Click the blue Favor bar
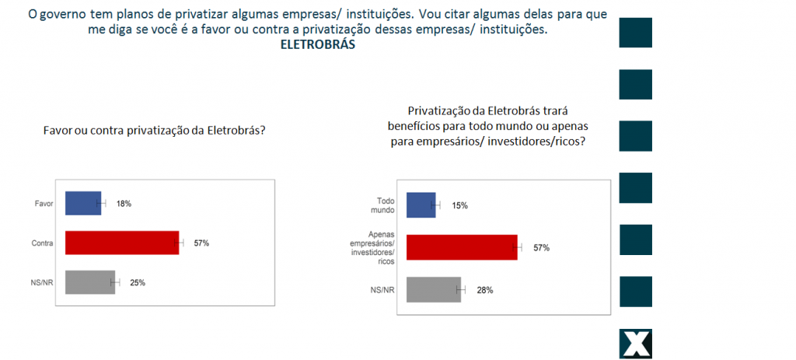(83, 204)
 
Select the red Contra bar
(122, 243)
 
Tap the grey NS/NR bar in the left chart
(89, 282)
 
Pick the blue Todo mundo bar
(421, 205)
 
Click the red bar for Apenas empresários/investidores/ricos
(462, 247)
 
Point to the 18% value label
(124, 204)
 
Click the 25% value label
(138, 282)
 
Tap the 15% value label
(459, 205)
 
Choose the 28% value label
(485, 290)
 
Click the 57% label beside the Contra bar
(201, 243)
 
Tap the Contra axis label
(41, 243)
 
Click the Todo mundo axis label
(381, 205)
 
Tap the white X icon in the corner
(635, 344)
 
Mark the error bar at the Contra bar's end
(180, 243)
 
